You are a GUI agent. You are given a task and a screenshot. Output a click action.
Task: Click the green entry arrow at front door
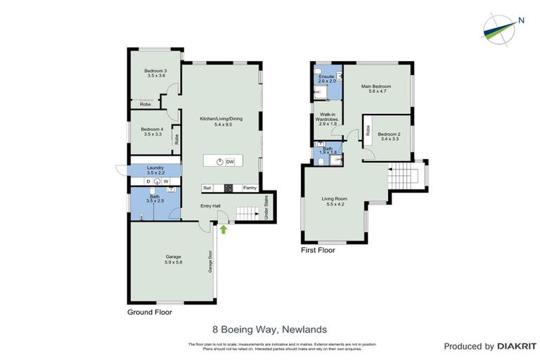pyautogui.click(x=224, y=229)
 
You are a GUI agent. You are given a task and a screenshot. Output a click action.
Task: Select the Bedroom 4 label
pyautogui.click(x=151, y=131)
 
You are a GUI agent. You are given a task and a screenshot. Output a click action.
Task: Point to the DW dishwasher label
pyautogui.click(x=230, y=161)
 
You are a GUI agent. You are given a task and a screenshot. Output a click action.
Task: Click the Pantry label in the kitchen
pyautogui.click(x=250, y=188)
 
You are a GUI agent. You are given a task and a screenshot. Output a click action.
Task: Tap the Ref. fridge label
pyautogui.click(x=207, y=188)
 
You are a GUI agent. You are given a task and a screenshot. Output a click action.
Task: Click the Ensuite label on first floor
pyautogui.click(x=326, y=79)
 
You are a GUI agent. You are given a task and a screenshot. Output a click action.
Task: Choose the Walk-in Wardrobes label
pyautogui.click(x=329, y=117)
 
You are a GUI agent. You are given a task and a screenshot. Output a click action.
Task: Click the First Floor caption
pyautogui.click(x=318, y=250)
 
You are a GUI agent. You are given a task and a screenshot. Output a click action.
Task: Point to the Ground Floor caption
pyautogui.click(x=149, y=311)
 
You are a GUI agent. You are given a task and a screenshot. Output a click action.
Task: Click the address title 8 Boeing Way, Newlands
pyautogui.click(x=269, y=328)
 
